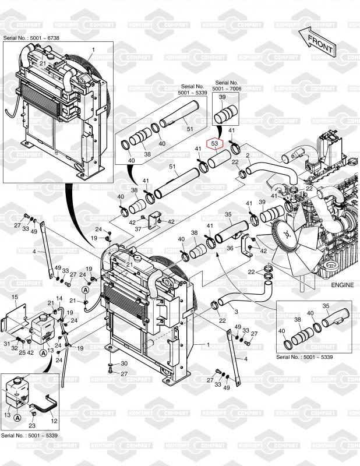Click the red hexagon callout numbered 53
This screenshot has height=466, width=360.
[214, 143]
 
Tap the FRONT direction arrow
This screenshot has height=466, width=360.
[317, 41]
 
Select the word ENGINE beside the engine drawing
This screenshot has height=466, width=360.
[343, 285]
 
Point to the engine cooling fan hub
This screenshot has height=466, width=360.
[286, 235]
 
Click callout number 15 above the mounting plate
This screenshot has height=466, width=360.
[15, 297]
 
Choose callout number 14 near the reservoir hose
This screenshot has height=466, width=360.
[59, 298]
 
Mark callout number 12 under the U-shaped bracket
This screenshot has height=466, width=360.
[54, 421]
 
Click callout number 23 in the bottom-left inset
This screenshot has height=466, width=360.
[32, 426]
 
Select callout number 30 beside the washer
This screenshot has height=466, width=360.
[124, 363]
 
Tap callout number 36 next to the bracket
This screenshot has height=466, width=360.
[230, 248]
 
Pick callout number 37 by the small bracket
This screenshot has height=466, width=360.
[138, 229]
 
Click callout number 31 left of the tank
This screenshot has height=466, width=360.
[7, 344]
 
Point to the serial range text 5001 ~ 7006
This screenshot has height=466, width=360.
[227, 89]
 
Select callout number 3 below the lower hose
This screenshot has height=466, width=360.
[237, 312]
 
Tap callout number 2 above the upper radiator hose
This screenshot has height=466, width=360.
[248, 155]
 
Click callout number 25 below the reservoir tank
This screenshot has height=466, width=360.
[22, 353]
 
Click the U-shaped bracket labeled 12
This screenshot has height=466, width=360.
[45, 404]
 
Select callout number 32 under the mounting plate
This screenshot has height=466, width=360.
[15, 348]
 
